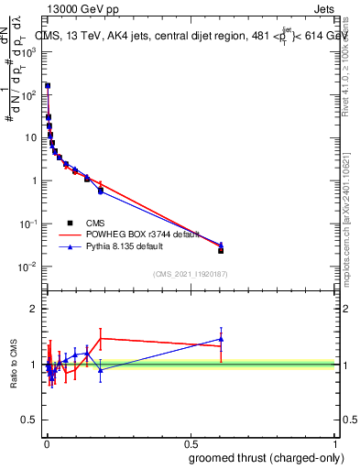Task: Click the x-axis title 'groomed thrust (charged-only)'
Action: [x=266, y=457]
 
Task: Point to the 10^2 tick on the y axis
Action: [x=30, y=94]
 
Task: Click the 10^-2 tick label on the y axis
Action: [x=30, y=267]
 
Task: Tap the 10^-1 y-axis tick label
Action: [x=30, y=224]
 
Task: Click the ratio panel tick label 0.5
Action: [x=31, y=421]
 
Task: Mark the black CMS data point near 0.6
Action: [x=221, y=250]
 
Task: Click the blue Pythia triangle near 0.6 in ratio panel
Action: [x=221, y=339]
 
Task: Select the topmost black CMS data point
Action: [x=48, y=86]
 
